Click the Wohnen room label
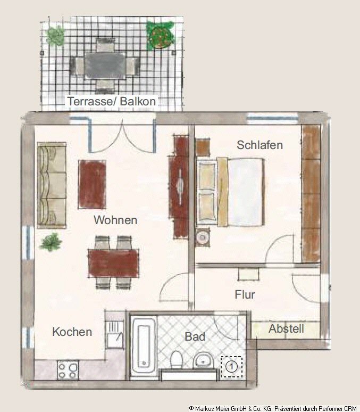115,220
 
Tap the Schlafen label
259,145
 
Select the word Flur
245,294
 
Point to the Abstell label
286,328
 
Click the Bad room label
195,336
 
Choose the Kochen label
72,332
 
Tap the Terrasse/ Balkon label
112,101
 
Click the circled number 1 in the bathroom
231,367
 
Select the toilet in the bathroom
177,359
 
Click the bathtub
144,345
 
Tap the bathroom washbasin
204,360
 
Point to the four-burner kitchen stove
68,370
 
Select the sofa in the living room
52,185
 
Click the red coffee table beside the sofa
92,185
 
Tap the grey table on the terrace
105,65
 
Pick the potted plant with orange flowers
160,36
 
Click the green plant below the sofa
51,242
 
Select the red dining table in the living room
113,263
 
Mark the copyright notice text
273,408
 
